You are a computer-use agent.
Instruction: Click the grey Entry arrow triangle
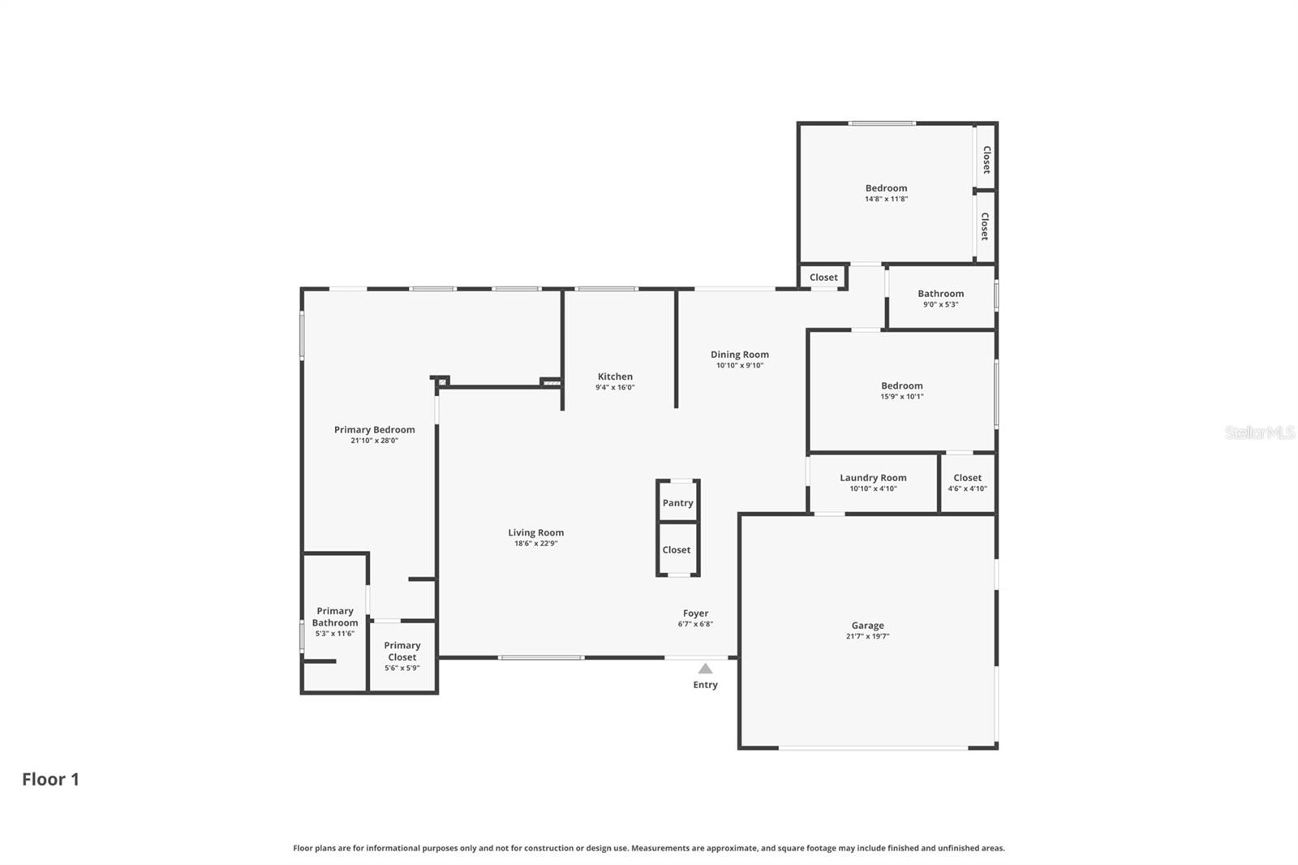pyautogui.click(x=705, y=669)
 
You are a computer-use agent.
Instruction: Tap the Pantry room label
pyautogui.click(x=677, y=503)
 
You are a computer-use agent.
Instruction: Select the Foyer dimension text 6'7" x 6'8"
pyautogui.click(x=695, y=624)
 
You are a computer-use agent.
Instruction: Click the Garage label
pyautogui.click(x=867, y=626)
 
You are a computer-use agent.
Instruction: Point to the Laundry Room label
pyautogui.click(x=873, y=478)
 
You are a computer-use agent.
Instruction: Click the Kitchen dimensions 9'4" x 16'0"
pyautogui.click(x=615, y=388)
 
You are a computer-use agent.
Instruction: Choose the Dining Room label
pyautogui.click(x=739, y=355)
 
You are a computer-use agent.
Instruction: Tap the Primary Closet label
pyautogui.click(x=402, y=651)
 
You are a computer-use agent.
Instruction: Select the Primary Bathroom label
pyautogui.click(x=335, y=617)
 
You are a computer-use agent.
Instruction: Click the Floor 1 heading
pyautogui.click(x=50, y=779)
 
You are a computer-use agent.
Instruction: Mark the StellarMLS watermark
pyautogui.click(x=1259, y=432)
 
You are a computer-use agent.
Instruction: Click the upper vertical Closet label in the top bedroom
pyautogui.click(x=986, y=159)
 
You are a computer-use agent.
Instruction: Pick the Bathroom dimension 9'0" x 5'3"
pyautogui.click(x=940, y=304)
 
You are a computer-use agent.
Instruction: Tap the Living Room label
pyautogui.click(x=535, y=533)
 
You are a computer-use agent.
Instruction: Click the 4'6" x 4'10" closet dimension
pyautogui.click(x=967, y=488)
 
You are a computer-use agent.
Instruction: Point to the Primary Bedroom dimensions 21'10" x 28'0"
pyautogui.click(x=374, y=441)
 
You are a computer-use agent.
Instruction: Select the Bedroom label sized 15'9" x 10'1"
pyautogui.click(x=901, y=386)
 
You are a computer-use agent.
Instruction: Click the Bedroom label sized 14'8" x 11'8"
pyautogui.click(x=886, y=188)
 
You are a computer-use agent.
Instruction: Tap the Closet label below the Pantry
pyautogui.click(x=676, y=550)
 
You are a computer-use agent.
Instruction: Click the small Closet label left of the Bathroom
pyautogui.click(x=823, y=278)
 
